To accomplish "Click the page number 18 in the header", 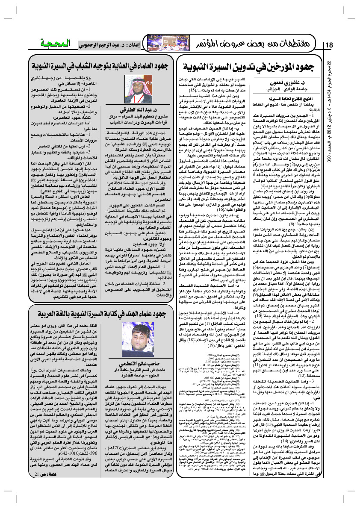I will pos(330,45).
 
